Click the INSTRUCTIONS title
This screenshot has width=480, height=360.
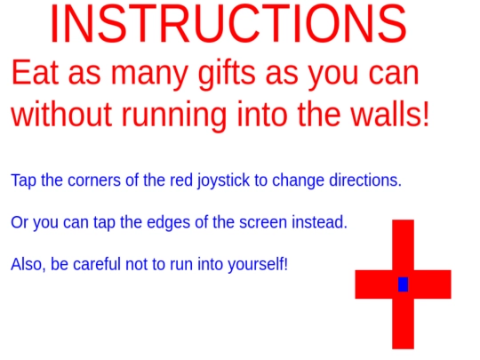click(228, 24)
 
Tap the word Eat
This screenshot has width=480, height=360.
click(35, 73)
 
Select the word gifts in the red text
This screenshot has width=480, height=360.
click(227, 74)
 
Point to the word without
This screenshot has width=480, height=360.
click(61, 114)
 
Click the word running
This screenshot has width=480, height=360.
click(174, 115)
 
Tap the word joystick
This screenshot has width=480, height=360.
click(223, 180)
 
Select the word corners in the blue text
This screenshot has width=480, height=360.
click(94, 180)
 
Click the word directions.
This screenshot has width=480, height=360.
click(365, 180)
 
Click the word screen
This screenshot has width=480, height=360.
click(263, 222)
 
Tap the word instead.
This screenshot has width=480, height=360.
click(320, 222)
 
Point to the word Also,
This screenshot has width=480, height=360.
click(28, 265)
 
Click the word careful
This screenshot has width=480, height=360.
click(97, 264)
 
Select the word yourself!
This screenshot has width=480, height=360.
click(258, 265)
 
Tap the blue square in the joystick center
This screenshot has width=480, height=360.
click(403, 284)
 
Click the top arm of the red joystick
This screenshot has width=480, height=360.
click(404, 245)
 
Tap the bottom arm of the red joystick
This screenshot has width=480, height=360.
click(404, 324)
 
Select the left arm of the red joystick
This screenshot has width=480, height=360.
click(373, 284)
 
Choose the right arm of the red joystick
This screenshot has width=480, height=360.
click(433, 284)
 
